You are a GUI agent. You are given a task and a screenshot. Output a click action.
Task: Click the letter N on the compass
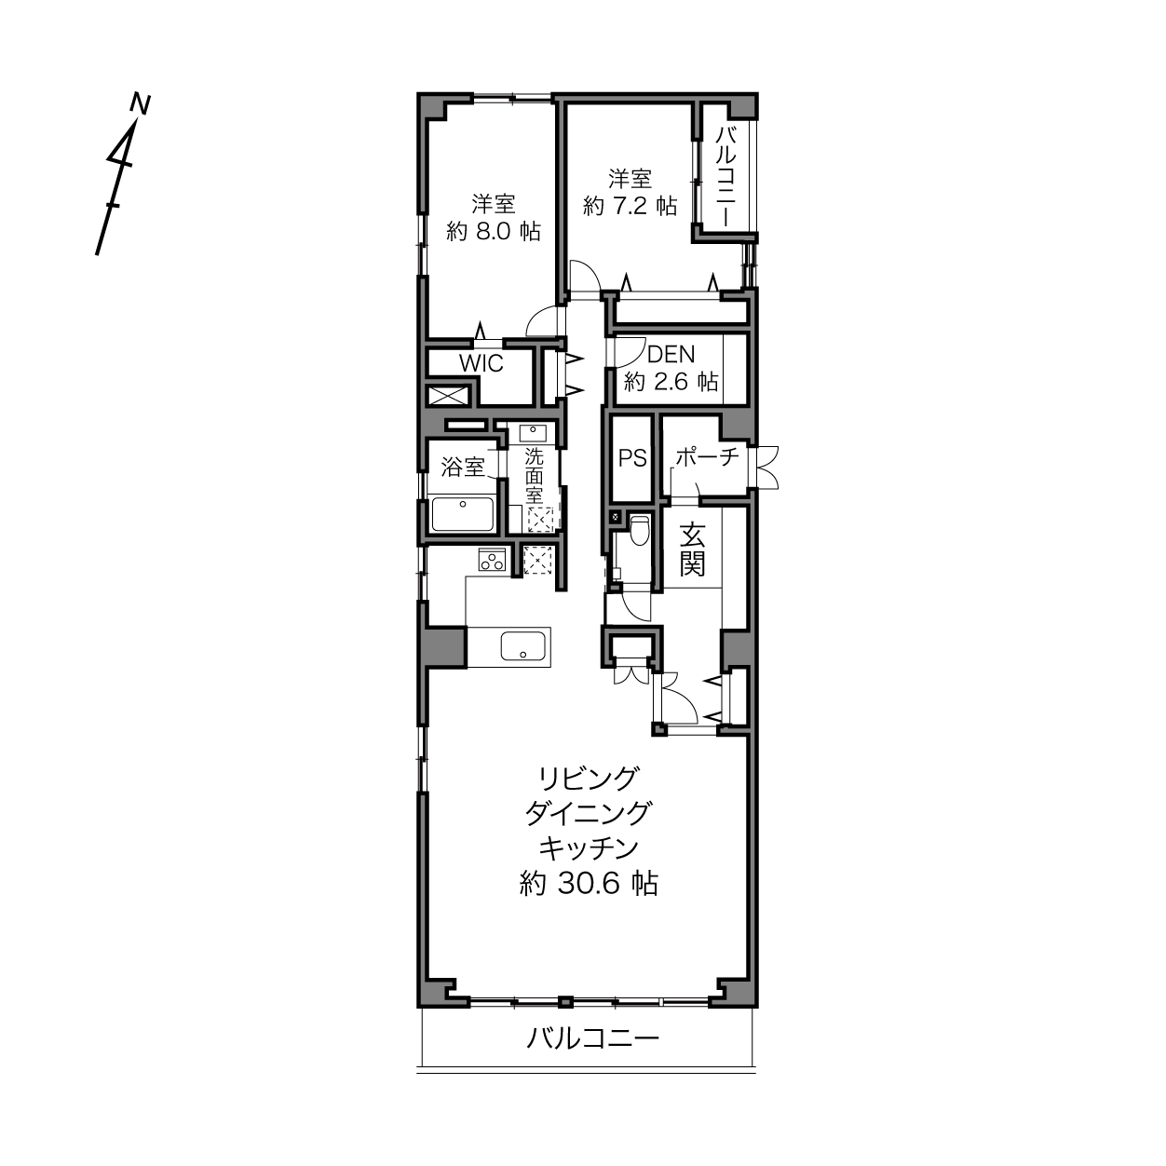point(141,103)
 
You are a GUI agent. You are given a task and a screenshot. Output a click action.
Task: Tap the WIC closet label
point(481,363)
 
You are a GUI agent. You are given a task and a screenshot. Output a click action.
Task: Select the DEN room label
point(671,354)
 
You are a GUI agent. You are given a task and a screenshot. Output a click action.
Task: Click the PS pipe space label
point(632,458)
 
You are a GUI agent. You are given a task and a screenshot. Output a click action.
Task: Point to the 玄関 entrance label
point(692,549)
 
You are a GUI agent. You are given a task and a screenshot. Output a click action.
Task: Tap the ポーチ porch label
point(707,457)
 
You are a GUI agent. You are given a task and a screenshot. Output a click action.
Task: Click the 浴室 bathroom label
point(463,467)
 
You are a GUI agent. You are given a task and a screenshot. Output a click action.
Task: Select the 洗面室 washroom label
point(534,476)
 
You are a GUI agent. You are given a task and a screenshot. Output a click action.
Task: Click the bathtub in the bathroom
point(463,514)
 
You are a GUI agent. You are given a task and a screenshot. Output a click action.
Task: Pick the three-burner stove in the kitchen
point(492,559)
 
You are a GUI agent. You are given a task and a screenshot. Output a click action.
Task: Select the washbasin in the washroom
point(533,434)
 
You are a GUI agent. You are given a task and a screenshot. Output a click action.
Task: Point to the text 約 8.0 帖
point(494,231)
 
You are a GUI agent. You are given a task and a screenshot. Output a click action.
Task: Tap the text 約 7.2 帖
point(630,207)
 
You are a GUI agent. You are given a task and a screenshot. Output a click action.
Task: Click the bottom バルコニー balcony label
point(592,1039)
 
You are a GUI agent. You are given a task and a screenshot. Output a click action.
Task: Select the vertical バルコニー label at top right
point(725,177)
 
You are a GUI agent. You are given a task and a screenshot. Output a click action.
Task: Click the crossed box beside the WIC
point(448,396)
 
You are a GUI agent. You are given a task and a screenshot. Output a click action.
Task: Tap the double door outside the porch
point(765,468)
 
